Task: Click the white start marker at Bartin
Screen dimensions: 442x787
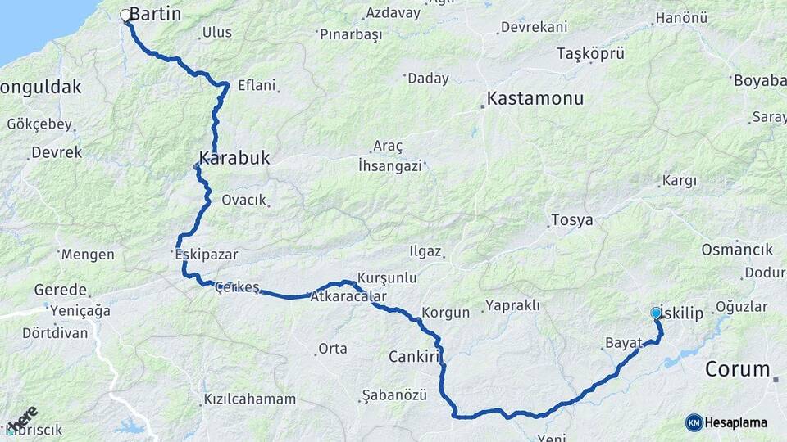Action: coord(126,15)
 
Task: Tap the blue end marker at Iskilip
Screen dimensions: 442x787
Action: coord(655,313)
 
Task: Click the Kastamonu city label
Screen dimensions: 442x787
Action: coord(535,98)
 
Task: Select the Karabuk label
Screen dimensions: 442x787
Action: coord(234,157)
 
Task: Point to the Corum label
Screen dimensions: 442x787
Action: coord(738,368)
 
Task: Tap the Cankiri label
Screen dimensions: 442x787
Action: coord(416,357)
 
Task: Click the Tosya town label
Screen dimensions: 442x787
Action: coord(571,220)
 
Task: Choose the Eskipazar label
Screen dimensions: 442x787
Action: coord(207,255)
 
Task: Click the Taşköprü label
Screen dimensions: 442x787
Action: coord(590,54)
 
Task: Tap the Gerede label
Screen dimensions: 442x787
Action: coord(60,290)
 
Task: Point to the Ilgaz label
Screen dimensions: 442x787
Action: coord(425,251)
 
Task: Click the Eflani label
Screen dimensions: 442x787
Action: coord(257,84)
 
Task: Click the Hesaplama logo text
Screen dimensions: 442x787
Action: coord(736,422)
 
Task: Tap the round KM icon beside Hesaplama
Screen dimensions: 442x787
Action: coord(694,422)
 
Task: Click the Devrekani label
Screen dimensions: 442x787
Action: coord(534,27)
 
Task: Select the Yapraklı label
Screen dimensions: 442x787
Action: coord(512,305)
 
